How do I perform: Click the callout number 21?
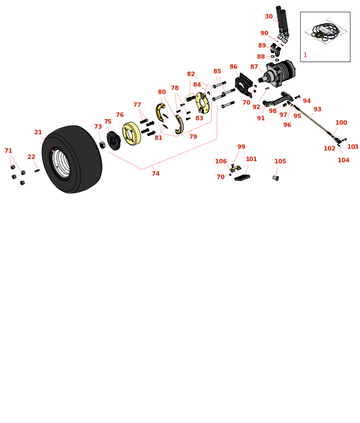38,133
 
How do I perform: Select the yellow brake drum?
132,133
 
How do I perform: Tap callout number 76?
120,115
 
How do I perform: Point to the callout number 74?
156,174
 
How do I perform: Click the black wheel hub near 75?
114,140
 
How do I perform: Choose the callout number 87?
254,67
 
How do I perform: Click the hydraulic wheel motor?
280,73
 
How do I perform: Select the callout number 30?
269,17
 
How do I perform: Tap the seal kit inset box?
325,36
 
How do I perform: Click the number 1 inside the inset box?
305,55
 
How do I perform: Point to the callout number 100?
341,123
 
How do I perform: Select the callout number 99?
241,147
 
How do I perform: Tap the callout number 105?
280,162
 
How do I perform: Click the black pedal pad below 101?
242,178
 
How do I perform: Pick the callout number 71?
8,151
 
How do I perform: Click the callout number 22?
31,157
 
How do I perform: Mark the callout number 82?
191,74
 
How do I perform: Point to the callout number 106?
221,162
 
